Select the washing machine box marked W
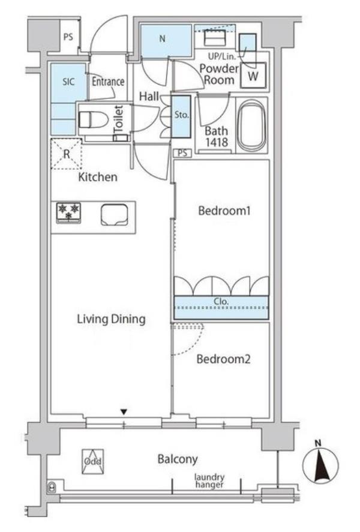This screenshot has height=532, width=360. click(x=253, y=76)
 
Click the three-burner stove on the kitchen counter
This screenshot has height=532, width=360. click(x=68, y=213)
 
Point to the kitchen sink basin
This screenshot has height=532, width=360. click(x=115, y=215)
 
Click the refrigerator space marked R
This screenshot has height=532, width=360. click(x=67, y=154)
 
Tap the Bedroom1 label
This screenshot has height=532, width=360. click(x=224, y=211)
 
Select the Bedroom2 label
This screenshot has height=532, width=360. click(x=224, y=359)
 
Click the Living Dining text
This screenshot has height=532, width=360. click(x=111, y=319)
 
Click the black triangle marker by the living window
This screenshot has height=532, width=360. click(x=124, y=412)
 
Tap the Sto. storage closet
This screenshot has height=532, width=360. click(x=181, y=116)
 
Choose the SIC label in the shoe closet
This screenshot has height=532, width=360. click(x=68, y=82)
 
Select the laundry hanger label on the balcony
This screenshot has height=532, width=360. click(x=209, y=481)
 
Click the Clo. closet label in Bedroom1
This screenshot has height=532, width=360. click(x=221, y=301)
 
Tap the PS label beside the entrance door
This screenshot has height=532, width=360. click(x=68, y=37)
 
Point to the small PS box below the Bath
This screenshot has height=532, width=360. click(x=182, y=153)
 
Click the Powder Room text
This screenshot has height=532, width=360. click(x=219, y=74)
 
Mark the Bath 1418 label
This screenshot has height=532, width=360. click(x=217, y=136)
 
